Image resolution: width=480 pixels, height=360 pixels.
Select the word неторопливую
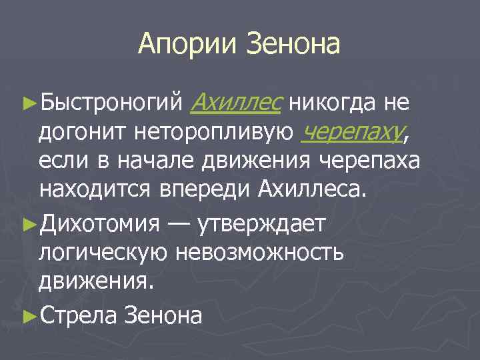tap(213, 133)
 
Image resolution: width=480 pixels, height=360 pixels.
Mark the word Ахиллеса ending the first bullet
tap(311, 191)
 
